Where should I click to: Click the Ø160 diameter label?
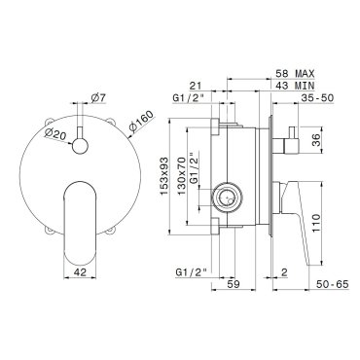point(141,122)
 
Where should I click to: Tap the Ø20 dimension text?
point(54,133)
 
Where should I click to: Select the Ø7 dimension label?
point(98,98)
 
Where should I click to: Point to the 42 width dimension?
point(80,272)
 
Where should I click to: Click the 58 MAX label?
point(295,74)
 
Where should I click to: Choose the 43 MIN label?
point(295,86)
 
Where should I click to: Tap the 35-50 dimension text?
point(317,97)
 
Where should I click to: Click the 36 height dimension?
point(317,140)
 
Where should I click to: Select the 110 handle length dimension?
point(316,223)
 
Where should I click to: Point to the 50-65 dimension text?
point(332,284)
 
